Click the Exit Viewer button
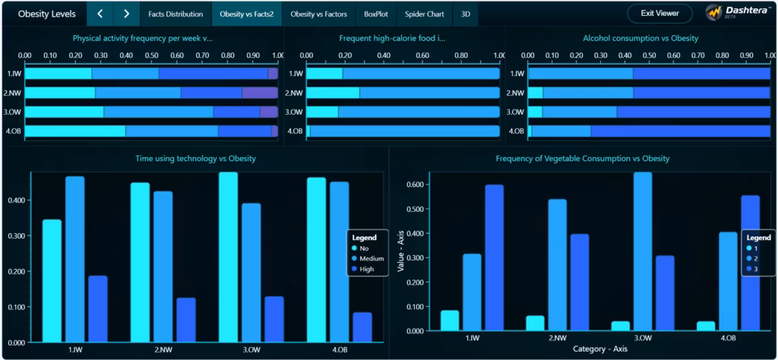click(x=659, y=14)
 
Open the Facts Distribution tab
click(x=176, y=14)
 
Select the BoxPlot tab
click(x=375, y=14)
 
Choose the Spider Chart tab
click(x=425, y=14)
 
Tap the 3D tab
click(x=466, y=14)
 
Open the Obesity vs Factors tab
click(x=318, y=14)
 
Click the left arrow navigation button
click(x=100, y=14)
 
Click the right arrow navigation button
click(x=126, y=14)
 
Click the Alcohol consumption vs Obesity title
click(x=640, y=38)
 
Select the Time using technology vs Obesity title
click(x=195, y=159)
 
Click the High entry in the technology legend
click(x=366, y=269)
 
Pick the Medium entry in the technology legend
click(x=372, y=258)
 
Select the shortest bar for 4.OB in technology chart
click(x=362, y=327)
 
